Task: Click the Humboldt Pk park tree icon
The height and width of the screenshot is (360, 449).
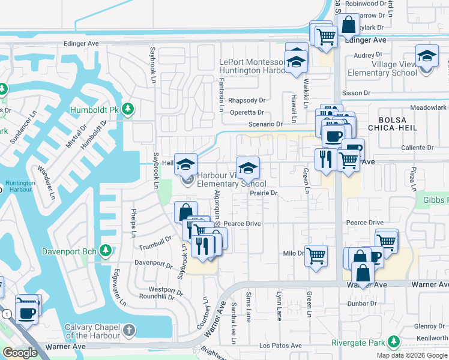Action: (127, 109)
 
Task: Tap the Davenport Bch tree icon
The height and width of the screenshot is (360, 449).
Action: (106, 249)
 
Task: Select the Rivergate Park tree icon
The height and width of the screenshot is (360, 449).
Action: (393, 343)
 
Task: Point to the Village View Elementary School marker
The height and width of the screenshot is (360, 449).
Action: (427, 57)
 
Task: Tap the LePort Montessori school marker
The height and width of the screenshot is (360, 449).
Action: (297, 61)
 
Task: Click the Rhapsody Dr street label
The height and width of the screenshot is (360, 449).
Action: (247, 100)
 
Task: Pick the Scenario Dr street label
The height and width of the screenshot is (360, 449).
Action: (266, 124)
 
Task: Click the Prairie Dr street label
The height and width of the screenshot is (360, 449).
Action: (264, 193)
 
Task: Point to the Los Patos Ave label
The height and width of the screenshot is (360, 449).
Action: (280, 346)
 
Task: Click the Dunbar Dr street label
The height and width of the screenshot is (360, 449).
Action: (362, 304)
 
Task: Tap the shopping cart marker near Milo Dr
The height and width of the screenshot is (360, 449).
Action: (316, 256)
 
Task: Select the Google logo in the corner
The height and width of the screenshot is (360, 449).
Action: (20, 353)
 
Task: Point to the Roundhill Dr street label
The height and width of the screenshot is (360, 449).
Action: (157, 296)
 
